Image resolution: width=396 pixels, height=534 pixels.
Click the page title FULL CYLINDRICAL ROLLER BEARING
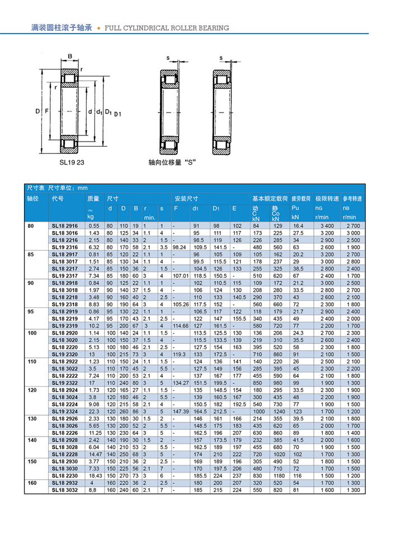[x=167, y=28]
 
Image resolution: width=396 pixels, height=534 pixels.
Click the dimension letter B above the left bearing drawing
[x=70, y=56]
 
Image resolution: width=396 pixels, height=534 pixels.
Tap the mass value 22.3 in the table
[x=94, y=411]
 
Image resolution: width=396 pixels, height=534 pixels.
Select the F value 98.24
[x=179, y=246]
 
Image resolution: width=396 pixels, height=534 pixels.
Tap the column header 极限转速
[x=327, y=199]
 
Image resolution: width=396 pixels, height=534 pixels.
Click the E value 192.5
[x=239, y=403]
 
